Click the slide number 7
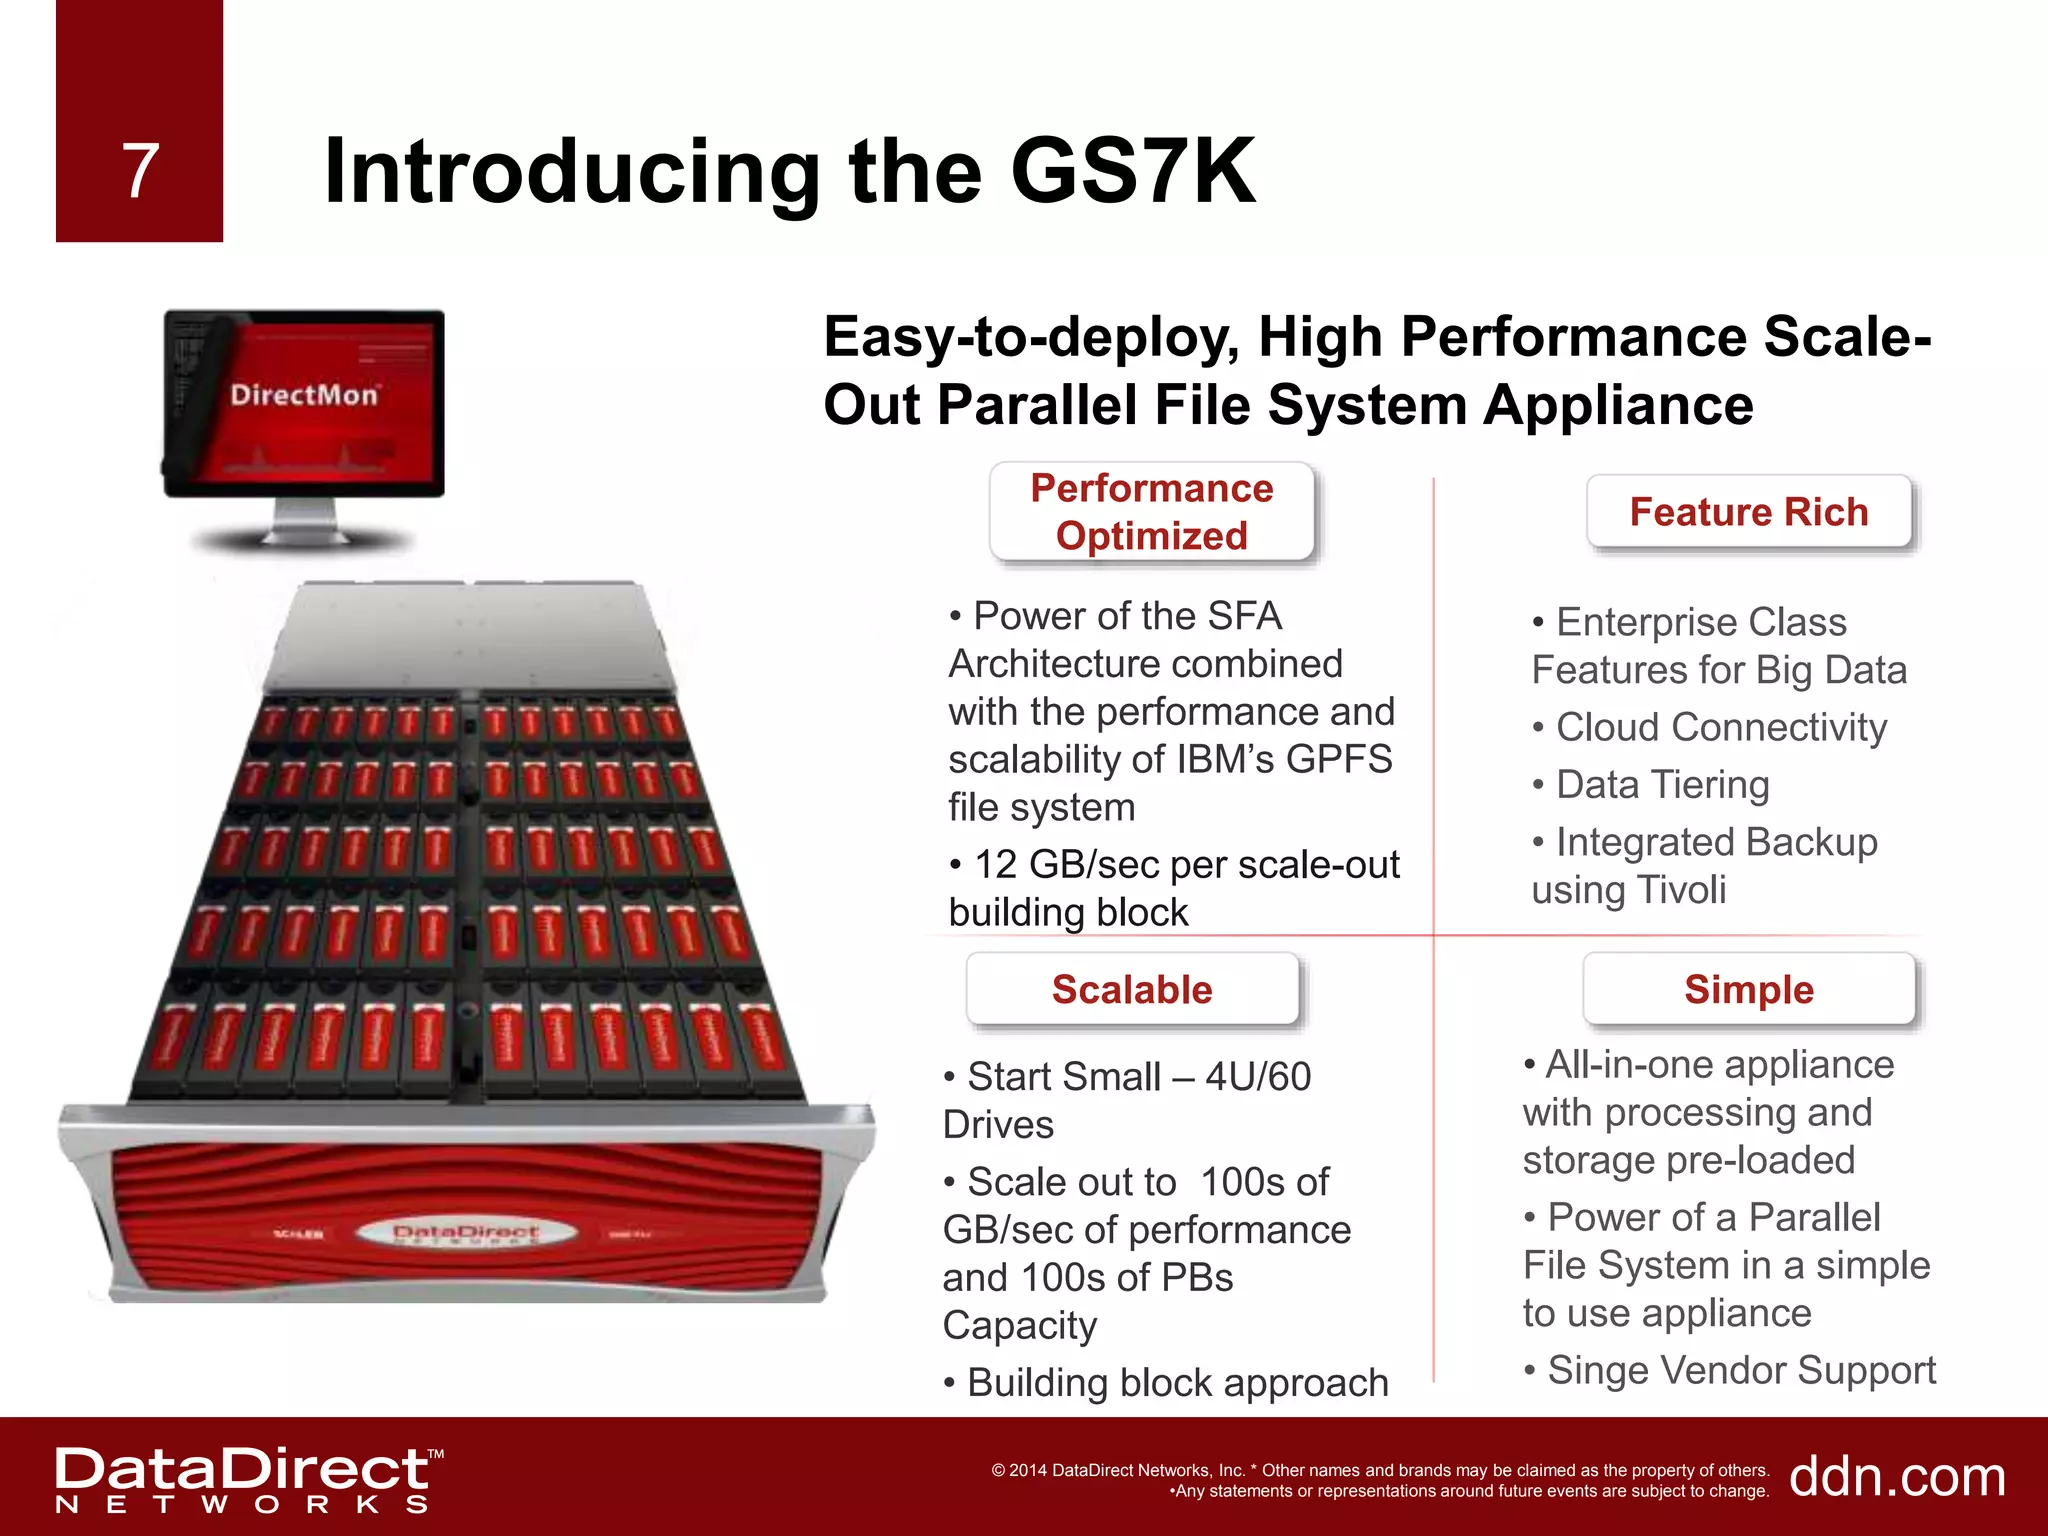(x=140, y=171)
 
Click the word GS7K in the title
(x=1132, y=171)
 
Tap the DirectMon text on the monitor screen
(x=304, y=395)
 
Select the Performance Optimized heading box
(x=1151, y=512)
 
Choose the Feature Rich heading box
(x=1748, y=512)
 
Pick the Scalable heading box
(x=1132, y=989)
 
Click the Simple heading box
(x=1748, y=989)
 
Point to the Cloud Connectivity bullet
(x=1720, y=727)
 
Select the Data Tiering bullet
(x=1662, y=785)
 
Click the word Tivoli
(x=1682, y=889)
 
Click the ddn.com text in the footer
(x=1897, y=1476)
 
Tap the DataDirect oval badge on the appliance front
(x=466, y=1233)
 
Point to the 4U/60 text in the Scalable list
(x=1258, y=1077)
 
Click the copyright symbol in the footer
(x=998, y=1470)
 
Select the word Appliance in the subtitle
(x=1617, y=405)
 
